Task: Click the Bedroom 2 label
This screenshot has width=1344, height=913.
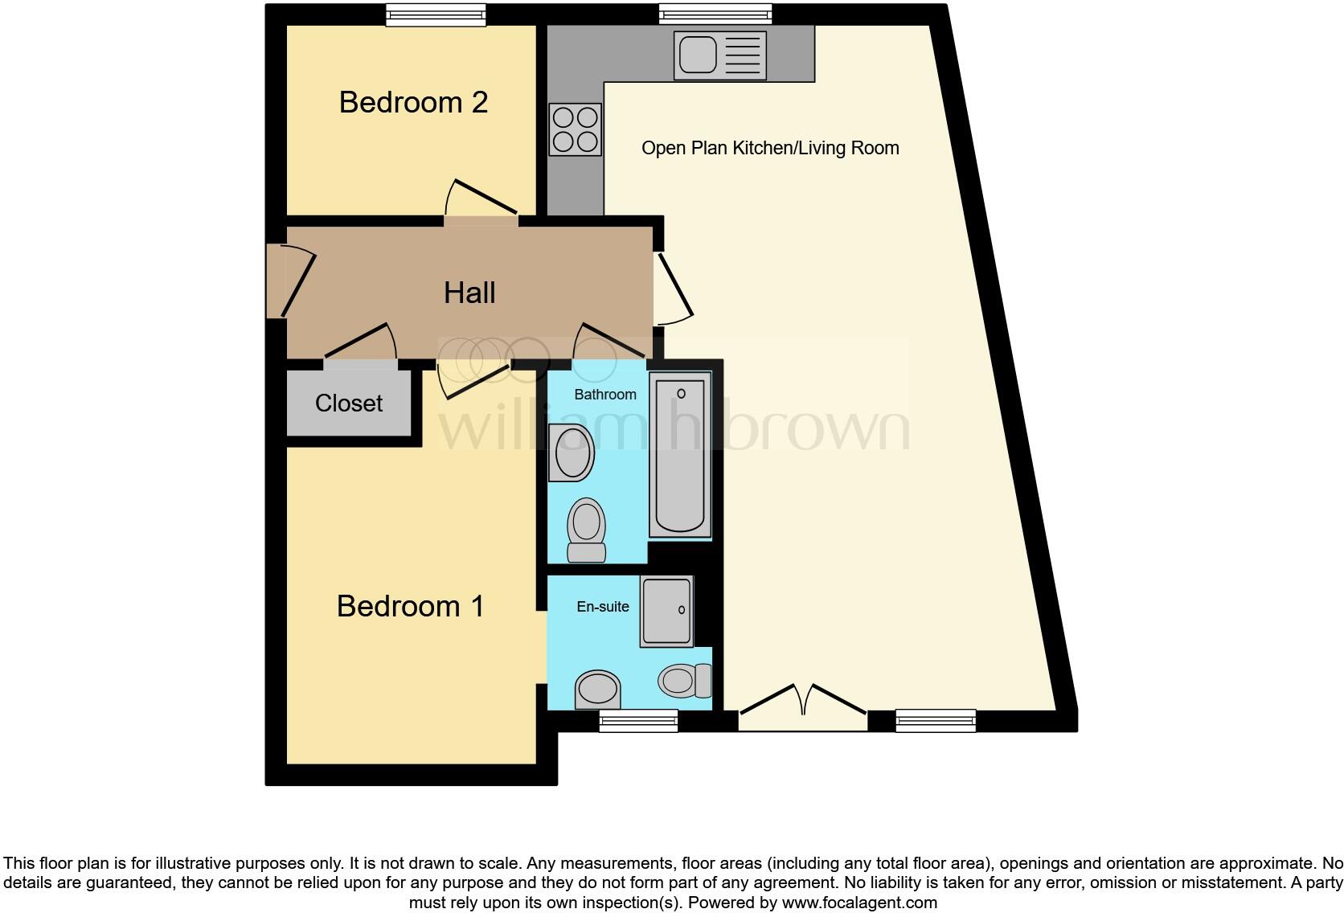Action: [413, 103]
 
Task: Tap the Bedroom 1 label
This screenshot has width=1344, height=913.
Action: [410, 606]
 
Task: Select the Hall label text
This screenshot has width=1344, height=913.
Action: [469, 293]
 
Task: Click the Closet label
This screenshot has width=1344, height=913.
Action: [349, 403]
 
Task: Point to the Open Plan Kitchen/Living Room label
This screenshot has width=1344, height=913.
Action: [769, 148]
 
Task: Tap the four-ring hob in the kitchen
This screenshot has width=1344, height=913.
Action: [576, 129]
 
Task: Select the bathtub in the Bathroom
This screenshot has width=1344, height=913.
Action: [680, 456]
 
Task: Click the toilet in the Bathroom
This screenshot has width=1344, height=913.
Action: [586, 530]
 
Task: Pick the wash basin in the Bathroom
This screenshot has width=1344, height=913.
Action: [572, 452]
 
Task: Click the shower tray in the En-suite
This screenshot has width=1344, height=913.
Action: [666, 612]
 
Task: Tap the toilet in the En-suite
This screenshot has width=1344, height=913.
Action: [686, 681]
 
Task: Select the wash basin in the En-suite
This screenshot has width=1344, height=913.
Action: [598, 690]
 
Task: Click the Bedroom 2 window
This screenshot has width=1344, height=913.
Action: [436, 14]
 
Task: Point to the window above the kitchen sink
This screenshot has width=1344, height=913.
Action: [715, 14]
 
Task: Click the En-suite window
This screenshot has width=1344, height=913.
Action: [638, 722]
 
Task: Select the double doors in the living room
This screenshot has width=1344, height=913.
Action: [802, 707]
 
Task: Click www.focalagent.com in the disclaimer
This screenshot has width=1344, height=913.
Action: [859, 903]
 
